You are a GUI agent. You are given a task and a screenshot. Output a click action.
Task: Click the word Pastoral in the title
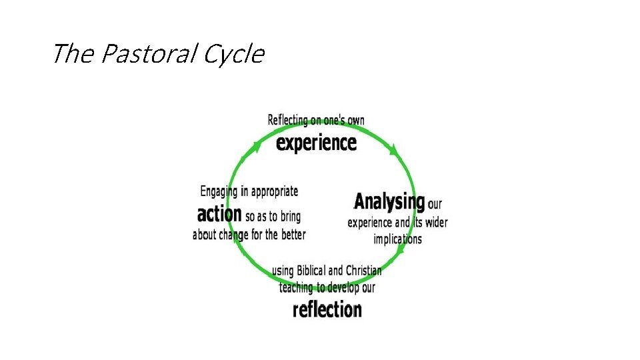click(148, 54)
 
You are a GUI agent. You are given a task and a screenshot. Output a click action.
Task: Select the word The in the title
click(73, 54)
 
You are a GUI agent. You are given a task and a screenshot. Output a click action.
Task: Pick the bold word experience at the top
click(317, 143)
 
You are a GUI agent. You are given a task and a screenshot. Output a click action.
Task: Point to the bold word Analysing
click(389, 201)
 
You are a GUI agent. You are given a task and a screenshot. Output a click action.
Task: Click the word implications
click(398, 239)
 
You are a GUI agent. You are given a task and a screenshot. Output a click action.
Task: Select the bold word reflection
click(327, 309)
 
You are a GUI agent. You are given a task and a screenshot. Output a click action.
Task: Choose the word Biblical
click(310, 271)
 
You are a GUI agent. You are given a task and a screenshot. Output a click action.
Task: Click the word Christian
click(364, 271)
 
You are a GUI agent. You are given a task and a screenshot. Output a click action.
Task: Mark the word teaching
click(296, 287)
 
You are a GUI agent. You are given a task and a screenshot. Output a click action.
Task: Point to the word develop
click(342, 287)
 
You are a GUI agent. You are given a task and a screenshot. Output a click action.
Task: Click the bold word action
click(219, 214)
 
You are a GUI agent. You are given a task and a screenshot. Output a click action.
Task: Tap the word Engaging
click(219, 191)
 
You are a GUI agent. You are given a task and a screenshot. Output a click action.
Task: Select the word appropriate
click(275, 191)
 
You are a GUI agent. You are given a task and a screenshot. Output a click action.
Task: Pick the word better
click(293, 235)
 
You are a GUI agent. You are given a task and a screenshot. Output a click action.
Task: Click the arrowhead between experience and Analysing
click(395, 151)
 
